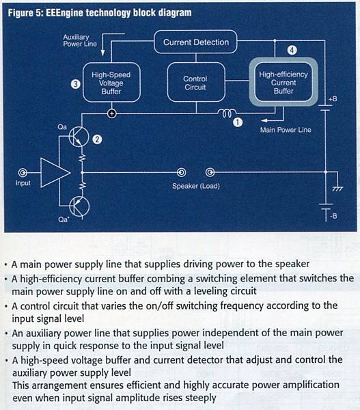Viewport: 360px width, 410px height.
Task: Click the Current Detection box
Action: click(195, 42)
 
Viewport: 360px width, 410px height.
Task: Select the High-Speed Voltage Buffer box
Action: click(111, 83)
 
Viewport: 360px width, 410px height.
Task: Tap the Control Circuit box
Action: click(195, 83)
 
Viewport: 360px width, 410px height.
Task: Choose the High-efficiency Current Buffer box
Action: click(283, 82)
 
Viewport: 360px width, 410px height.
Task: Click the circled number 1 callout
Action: click(238, 122)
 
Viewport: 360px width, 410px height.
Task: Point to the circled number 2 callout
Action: click(97, 139)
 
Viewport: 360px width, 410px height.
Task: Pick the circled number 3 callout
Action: click(76, 84)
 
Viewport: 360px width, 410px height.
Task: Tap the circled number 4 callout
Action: click(292, 50)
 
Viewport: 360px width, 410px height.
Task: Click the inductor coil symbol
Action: click(226, 113)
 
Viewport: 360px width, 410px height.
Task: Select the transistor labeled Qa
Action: click(79, 137)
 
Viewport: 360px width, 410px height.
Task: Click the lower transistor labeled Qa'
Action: click(79, 206)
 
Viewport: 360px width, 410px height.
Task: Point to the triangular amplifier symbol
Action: click(55, 173)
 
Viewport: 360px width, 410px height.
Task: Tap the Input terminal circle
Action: click(23, 173)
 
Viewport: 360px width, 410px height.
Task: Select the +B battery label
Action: click(333, 99)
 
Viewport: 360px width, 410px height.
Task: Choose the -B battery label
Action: click(333, 216)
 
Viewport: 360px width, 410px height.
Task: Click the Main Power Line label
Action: click(286, 130)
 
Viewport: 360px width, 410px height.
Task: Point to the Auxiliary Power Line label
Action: click(80, 40)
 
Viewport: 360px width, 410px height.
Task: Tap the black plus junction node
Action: click(111, 113)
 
